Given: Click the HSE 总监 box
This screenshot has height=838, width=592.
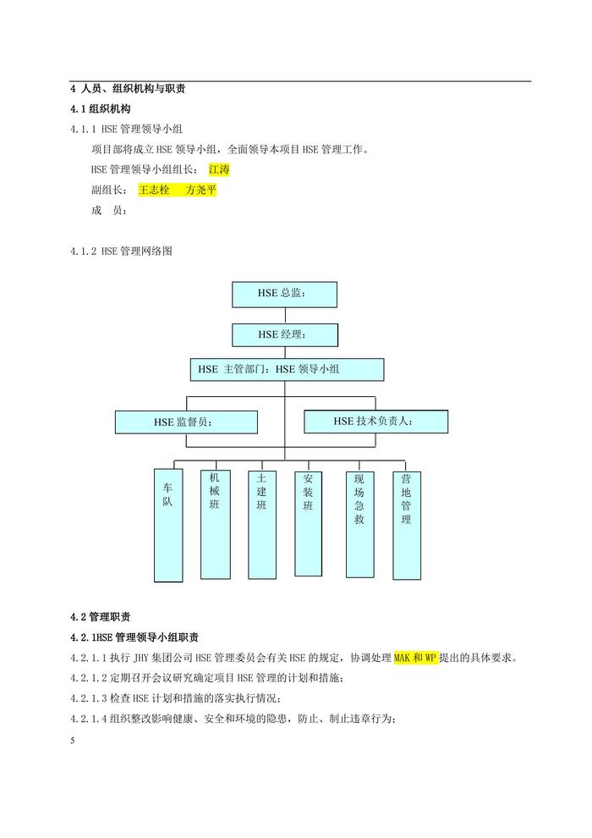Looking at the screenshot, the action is [x=284, y=295].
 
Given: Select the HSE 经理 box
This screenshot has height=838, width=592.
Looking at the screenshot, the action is [x=284, y=335].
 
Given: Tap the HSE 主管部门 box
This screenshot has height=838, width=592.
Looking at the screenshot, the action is [x=288, y=369].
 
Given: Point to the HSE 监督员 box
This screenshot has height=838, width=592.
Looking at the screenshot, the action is [x=186, y=422].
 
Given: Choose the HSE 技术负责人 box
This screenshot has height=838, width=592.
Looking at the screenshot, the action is [x=375, y=422].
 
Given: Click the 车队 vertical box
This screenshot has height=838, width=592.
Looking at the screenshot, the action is [x=168, y=526].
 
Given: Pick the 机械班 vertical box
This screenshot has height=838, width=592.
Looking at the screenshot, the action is [x=215, y=524].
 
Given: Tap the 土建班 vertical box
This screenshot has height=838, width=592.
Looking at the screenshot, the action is [x=262, y=524].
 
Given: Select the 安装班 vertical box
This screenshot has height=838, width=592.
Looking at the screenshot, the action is [x=309, y=523].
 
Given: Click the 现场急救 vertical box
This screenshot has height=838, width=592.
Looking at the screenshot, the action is [x=359, y=524].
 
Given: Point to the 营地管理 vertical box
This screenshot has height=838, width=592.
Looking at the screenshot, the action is [x=407, y=526].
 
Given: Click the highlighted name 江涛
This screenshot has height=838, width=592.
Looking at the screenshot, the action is [x=219, y=170].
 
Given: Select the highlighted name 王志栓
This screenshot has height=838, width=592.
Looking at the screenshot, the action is [x=154, y=190].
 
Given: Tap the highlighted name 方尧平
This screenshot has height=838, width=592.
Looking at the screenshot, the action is [x=201, y=190].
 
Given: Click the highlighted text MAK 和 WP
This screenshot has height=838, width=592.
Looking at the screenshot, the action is [x=415, y=658].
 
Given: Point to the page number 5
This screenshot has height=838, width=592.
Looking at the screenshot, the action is [x=73, y=740].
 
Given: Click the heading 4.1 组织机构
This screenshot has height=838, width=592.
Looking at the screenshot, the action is [x=101, y=109].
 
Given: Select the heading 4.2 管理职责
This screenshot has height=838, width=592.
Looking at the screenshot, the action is [x=101, y=617].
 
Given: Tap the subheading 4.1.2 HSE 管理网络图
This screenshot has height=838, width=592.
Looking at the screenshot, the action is [x=121, y=251].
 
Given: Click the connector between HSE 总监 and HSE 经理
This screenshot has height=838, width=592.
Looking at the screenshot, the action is [x=285, y=316].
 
